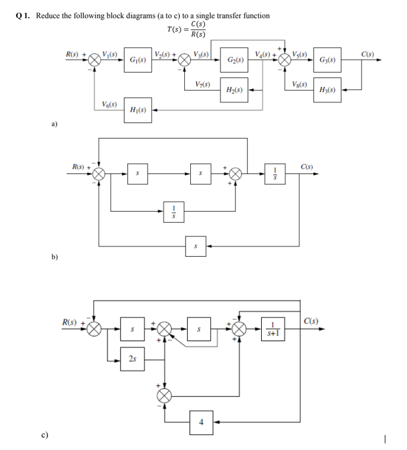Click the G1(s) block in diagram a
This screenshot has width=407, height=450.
click(137, 60)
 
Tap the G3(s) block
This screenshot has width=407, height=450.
click(328, 60)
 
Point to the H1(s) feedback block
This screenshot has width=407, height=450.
click(137, 110)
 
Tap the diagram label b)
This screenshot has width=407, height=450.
click(54, 257)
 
